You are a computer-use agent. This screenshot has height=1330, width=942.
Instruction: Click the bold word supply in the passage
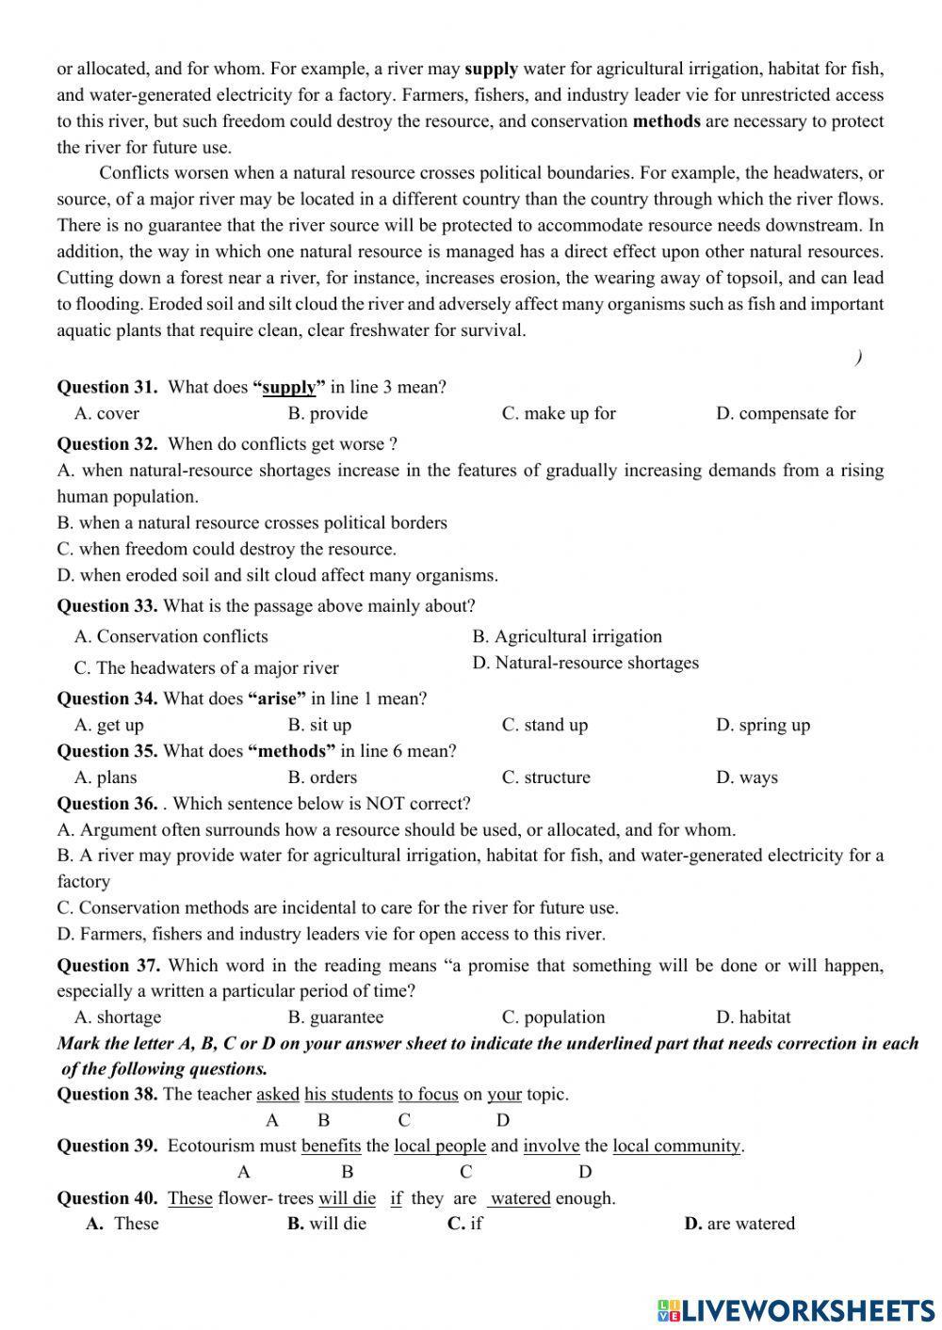pyautogui.click(x=491, y=69)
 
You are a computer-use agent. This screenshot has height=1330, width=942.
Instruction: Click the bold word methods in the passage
pyautogui.click(x=666, y=120)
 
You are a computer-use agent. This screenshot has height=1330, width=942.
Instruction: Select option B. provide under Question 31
pyautogui.click(x=328, y=413)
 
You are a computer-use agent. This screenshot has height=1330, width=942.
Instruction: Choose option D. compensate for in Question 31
pyautogui.click(x=786, y=413)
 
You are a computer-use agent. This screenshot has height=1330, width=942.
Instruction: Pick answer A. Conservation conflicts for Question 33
pyautogui.click(x=171, y=636)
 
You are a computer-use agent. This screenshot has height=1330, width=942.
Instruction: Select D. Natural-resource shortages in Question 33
pyautogui.click(x=586, y=663)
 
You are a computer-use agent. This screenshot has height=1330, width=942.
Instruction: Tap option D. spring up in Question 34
pyautogui.click(x=763, y=725)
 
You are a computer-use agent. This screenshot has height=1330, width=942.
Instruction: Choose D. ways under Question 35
pyautogui.click(x=747, y=777)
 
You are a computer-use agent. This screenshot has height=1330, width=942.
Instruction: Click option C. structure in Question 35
pyautogui.click(x=546, y=777)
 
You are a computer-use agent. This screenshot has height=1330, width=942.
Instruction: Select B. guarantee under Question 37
pyautogui.click(x=336, y=1018)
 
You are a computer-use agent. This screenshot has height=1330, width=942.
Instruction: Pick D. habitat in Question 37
pyautogui.click(x=754, y=1018)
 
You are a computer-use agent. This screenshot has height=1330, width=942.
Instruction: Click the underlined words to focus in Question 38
pyautogui.click(x=428, y=1095)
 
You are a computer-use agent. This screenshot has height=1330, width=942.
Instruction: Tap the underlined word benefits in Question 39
pyautogui.click(x=331, y=1146)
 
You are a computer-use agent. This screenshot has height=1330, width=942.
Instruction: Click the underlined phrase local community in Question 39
pyautogui.click(x=676, y=1146)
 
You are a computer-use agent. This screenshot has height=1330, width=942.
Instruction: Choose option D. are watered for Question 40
pyautogui.click(x=739, y=1224)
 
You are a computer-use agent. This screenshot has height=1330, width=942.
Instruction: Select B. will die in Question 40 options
pyautogui.click(x=327, y=1224)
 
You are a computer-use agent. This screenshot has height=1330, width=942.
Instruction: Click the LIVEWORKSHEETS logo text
pyautogui.click(x=797, y=1310)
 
